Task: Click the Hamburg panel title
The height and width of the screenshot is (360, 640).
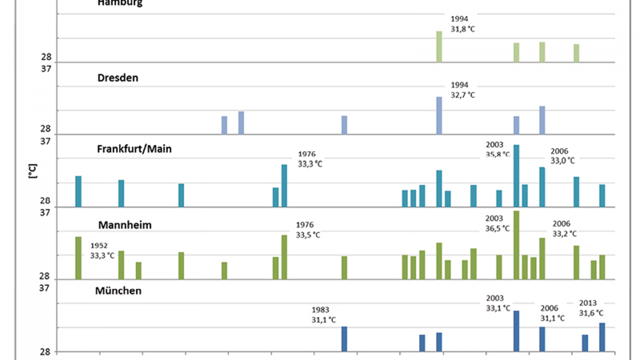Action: (120, 3)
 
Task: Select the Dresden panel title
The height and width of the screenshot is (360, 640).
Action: (118, 78)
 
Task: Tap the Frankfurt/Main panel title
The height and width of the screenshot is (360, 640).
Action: (134, 149)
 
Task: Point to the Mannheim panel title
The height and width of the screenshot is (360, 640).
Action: (125, 225)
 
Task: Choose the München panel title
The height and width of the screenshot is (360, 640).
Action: (118, 291)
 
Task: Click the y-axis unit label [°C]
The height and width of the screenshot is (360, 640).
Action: (33, 171)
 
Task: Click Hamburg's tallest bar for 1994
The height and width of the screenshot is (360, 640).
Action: (439, 47)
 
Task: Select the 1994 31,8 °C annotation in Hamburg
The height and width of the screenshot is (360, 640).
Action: (463, 24)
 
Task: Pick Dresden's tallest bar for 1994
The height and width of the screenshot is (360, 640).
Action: (439, 116)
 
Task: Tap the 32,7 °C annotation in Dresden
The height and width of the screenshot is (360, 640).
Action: (463, 95)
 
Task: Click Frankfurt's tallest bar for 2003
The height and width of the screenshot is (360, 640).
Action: (516, 176)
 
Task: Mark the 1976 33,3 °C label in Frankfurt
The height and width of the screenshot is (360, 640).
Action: (310, 159)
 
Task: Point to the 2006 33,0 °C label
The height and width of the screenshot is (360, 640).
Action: (562, 156)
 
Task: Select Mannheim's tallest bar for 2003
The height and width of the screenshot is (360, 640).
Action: (516, 245)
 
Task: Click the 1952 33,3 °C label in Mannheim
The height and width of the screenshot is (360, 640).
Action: (102, 251)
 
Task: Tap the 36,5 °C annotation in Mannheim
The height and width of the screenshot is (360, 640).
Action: (497, 229)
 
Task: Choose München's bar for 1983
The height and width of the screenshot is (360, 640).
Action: (344, 339)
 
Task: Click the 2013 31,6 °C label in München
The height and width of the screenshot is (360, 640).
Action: (591, 308)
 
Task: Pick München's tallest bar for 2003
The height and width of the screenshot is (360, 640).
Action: (516, 331)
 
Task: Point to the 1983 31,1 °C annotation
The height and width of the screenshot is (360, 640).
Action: (323, 315)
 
